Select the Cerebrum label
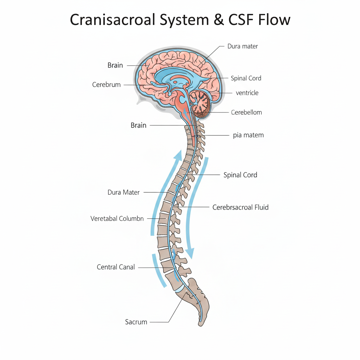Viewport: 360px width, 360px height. (x=107, y=85)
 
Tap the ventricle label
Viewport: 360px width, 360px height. (x=247, y=93)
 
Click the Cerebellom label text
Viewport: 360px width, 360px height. (x=246, y=112)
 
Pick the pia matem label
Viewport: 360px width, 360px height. (x=248, y=135)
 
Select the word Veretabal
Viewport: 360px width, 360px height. (x=104, y=218)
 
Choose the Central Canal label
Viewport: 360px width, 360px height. (x=116, y=267)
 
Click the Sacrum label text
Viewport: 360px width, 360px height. (x=136, y=322)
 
